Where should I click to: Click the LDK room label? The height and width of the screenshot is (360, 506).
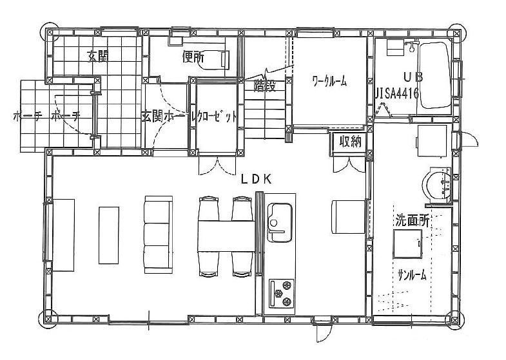(255, 180)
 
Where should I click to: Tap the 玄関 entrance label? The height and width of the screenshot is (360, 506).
(97, 55)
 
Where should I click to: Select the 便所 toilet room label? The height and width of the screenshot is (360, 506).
(193, 57)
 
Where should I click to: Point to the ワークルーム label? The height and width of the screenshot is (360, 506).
(329, 81)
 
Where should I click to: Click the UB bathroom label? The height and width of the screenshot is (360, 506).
(413, 76)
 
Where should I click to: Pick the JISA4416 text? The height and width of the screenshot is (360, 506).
(397, 93)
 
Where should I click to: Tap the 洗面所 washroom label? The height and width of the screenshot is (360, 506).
(412, 220)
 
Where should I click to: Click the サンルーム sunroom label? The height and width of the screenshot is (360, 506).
(412, 275)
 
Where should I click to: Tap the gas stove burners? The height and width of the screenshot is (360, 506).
(281, 294)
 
